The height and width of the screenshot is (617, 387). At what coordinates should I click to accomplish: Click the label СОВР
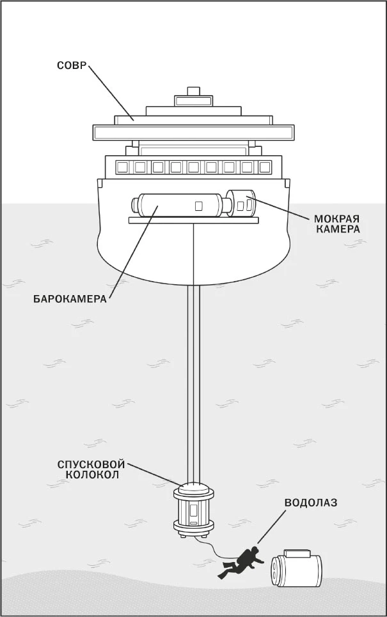[71, 65]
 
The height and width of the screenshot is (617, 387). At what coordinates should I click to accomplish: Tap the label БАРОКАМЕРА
[70, 299]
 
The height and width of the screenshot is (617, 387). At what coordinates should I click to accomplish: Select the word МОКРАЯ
[336, 219]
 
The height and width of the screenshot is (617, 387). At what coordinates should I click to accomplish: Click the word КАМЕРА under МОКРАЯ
[336, 230]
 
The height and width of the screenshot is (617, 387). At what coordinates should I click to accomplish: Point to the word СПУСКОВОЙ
[91, 464]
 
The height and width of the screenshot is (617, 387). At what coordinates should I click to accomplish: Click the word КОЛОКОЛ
[92, 475]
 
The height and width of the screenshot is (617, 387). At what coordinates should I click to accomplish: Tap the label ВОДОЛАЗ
[311, 503]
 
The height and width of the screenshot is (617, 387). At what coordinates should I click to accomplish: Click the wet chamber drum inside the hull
[241, 203]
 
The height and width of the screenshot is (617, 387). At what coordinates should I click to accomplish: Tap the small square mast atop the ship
[193, 91]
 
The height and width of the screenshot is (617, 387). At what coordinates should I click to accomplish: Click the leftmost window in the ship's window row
[123, 167]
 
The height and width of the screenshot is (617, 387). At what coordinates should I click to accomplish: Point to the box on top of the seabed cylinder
[298, 553]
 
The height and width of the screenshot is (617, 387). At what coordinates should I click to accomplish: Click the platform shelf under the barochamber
[193, 220]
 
